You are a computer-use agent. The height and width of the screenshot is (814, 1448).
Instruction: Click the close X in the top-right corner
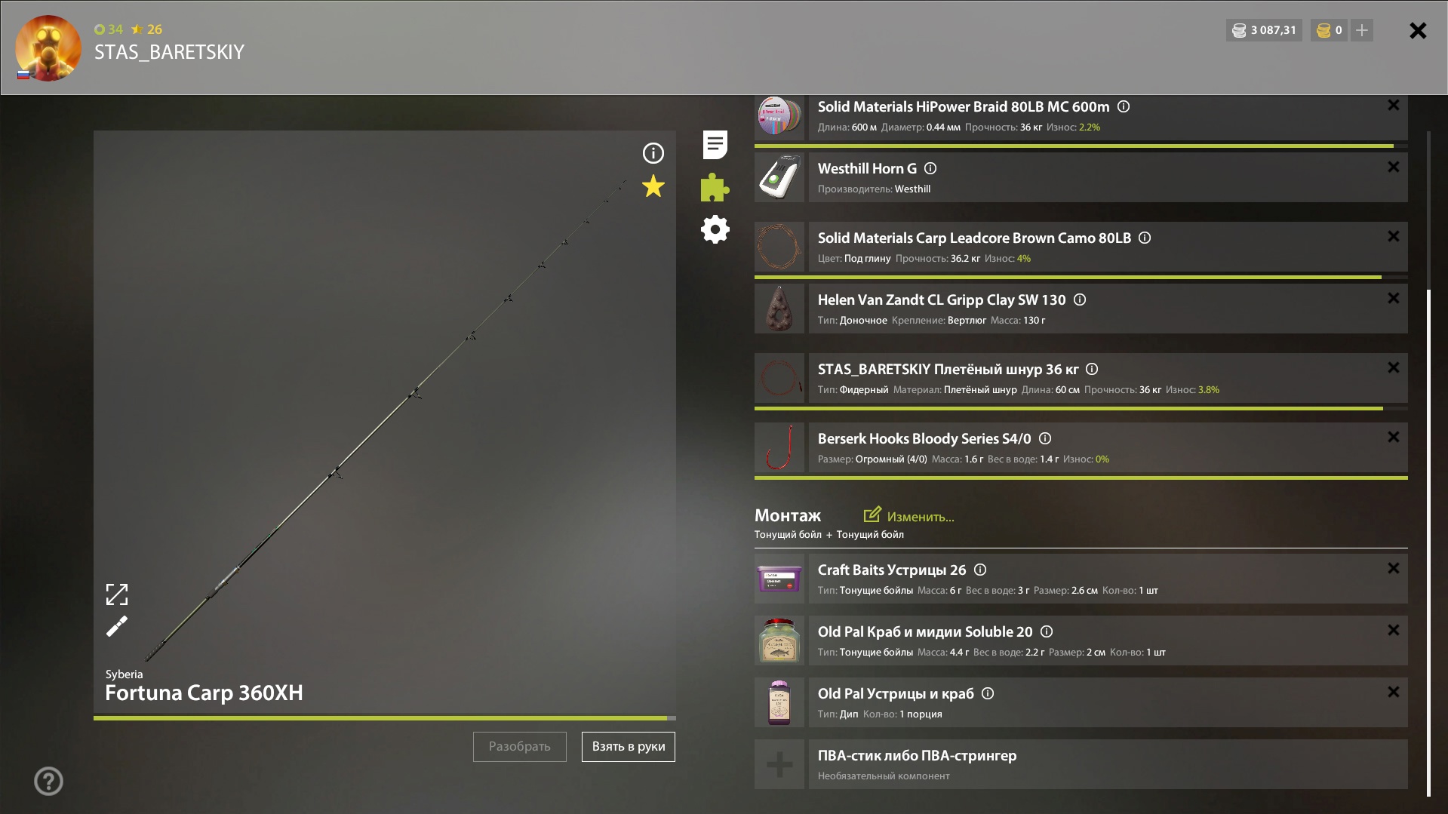coord(1418,30)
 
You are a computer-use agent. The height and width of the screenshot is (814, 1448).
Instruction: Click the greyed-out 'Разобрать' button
coord(520,747)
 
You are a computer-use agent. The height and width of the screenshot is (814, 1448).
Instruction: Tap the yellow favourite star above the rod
coord(653,186)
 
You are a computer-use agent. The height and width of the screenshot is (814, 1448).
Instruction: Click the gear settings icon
coord(715,229)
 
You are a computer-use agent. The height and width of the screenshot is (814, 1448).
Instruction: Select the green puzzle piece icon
coord(715,187)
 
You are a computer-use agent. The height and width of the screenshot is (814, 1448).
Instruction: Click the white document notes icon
coord(715,145)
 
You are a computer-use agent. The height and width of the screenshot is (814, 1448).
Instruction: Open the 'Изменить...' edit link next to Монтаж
coord(908,516)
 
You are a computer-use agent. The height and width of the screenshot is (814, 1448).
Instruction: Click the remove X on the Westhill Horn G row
coord(1394,167)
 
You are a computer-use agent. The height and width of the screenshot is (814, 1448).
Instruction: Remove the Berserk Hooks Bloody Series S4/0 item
coord(1394,437)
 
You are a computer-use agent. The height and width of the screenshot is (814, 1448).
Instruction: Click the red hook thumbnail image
coord(779,447)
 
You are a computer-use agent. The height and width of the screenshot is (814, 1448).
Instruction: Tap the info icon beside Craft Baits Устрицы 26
coord(980,570)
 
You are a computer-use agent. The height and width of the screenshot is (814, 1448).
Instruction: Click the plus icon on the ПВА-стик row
coord(779,764)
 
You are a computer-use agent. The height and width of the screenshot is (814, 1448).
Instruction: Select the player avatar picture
coord(48,48)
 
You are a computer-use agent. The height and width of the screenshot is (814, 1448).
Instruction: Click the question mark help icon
coord(48,781)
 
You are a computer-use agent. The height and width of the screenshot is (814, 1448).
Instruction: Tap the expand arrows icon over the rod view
coord(117,594)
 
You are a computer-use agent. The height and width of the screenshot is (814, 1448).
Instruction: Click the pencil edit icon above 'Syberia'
coord(117,626)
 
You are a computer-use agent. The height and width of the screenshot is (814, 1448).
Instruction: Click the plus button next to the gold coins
coord(1362,30)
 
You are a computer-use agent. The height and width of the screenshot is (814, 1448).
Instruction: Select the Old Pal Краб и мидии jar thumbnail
coord(779,640)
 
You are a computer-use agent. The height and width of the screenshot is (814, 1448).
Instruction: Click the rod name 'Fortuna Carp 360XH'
coord(204,693)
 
